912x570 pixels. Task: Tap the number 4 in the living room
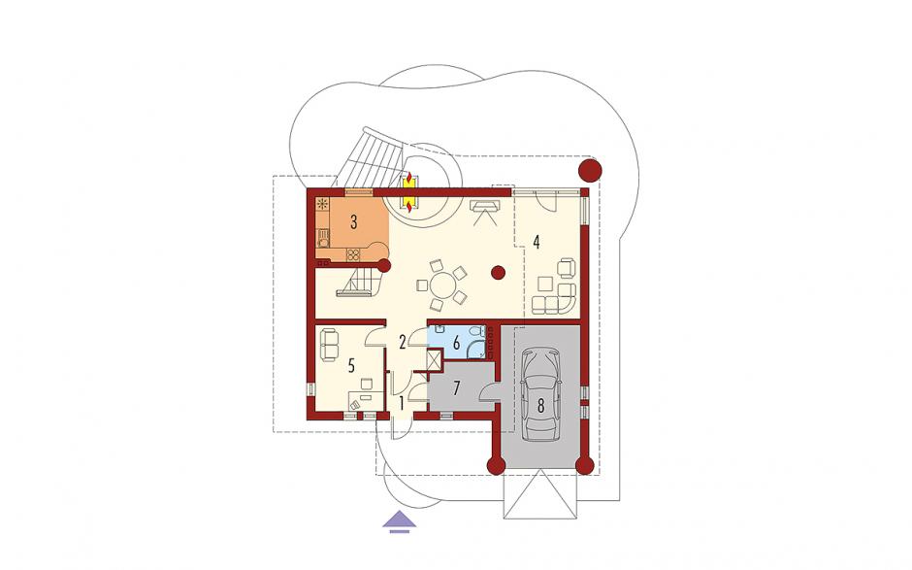click(x=537, y=242)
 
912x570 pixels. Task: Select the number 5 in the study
click(x=350, y=365)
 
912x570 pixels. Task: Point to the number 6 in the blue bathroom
click(x=457, y=344)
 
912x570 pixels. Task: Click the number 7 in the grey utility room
click(x=457, y=387)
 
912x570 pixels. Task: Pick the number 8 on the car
click(x=541, y=406)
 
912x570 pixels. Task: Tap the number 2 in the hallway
click(x=402, y=343)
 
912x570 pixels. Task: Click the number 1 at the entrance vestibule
click(x=402, y=402)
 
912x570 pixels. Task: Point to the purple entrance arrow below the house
click(x=400, y=521)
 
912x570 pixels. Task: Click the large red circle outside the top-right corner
click(x=589, y=171)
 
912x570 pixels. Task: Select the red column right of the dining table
click(x=498, y=272)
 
